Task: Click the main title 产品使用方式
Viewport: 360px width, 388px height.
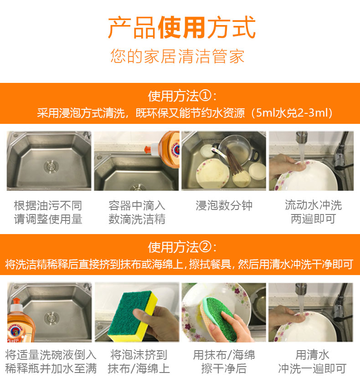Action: (x=182, y=27)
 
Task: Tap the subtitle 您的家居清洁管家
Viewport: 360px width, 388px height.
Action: (x=177, y=56)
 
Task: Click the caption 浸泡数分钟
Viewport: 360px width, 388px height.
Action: (x=224, y=205)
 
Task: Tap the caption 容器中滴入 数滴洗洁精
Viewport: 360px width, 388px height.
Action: (x=137, y=212)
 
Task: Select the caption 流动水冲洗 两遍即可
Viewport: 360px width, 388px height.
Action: (x=313, y=212)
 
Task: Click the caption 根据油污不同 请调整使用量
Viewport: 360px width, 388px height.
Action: (x=48, y=212)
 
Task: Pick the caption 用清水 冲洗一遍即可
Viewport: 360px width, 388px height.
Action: (x=312, y=362)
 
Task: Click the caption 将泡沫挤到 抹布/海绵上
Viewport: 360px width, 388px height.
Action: (x=139, y=362)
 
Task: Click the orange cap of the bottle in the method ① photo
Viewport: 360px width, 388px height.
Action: (x=148, y=149)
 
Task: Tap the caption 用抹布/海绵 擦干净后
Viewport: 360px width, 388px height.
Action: (x=224, y=362)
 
